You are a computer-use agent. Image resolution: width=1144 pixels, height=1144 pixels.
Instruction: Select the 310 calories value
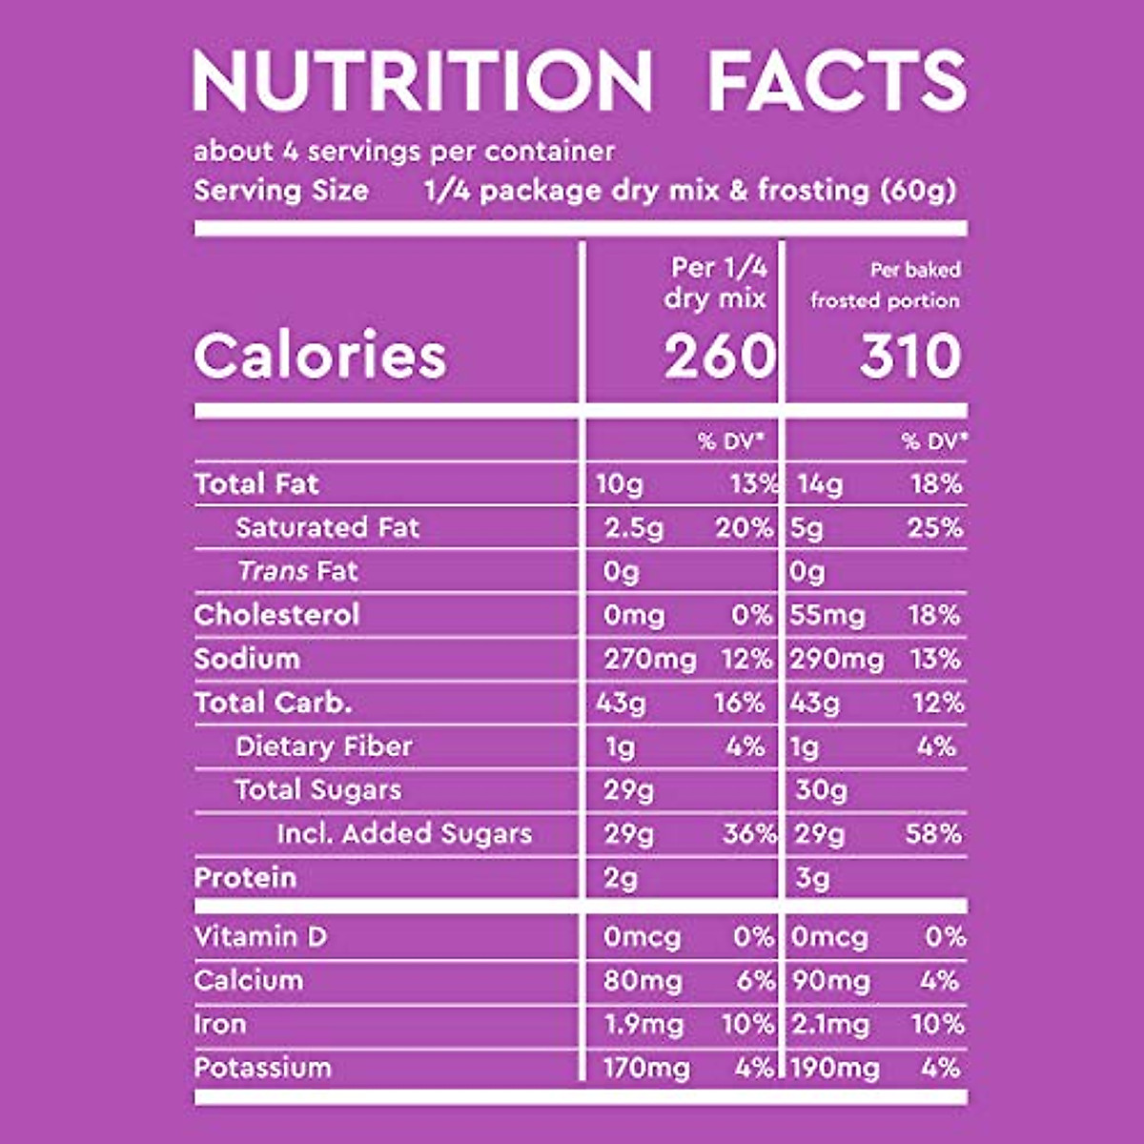[x=909, y=357]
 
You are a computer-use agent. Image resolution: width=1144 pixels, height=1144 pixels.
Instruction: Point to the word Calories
[x=320, y=357]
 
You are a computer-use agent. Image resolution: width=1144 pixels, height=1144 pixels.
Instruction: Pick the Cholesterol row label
[x=276, y=615]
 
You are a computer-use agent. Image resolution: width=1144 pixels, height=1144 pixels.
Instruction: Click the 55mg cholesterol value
[x=827, y=616]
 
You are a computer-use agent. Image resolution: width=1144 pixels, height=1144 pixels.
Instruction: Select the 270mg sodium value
[x=650, y=660]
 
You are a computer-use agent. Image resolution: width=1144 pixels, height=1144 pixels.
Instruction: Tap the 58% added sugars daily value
[x=933, y=834]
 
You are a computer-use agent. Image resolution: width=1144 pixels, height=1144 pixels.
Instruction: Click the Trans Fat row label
[x=297, y=571]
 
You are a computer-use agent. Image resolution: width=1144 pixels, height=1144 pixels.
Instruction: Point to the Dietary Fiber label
[x=324, y=746]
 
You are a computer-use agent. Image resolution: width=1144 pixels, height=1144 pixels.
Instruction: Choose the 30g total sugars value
[x=821, y=790]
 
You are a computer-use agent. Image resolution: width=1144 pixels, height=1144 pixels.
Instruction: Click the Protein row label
[x=245, y=878]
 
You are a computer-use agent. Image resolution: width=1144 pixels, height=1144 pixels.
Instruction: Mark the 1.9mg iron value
[x=643, y=1025]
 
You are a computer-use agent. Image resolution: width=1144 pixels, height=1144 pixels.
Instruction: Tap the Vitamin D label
[x=260, y=937]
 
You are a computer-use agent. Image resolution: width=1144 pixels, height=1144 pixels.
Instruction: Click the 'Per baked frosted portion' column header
[x=885, y=285]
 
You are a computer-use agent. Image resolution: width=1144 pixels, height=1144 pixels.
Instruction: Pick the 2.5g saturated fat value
[x=634, y=528]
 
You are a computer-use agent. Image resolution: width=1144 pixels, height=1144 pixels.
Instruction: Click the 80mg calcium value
[x=643, y=981]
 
